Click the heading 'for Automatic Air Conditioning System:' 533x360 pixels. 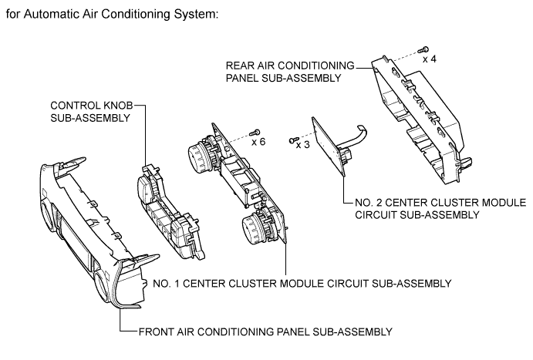[112, 15]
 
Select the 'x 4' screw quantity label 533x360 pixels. [430, 59]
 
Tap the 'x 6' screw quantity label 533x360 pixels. [258, 142]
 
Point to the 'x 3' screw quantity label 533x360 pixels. [303, 145]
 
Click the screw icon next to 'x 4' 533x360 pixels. [424, 49]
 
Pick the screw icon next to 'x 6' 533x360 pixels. [255, 132]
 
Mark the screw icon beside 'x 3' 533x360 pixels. [294, 140]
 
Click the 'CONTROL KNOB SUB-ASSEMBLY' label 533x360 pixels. [92, 112]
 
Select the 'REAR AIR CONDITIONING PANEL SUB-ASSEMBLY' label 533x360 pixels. [290, 72]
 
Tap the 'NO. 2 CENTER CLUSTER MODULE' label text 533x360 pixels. [440, 203]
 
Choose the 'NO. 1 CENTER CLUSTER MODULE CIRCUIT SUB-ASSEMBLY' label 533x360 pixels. [302, 283]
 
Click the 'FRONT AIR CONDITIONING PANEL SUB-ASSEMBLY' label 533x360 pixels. [265, 331]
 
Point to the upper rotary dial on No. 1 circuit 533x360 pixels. [198, 155]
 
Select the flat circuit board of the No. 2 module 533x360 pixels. [329, 146]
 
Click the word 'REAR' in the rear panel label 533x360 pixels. [238, 66]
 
